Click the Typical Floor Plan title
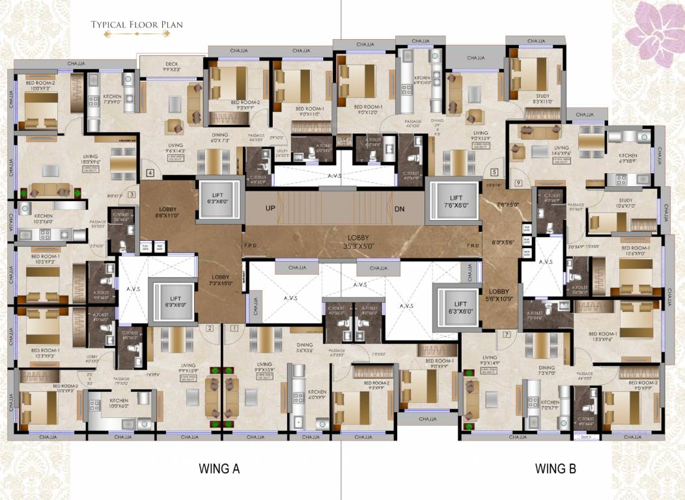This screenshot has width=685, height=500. point(137,25)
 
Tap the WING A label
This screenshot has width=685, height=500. point(219,468)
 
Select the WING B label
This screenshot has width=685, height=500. point(555,468)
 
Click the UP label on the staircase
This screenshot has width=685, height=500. point(270,208)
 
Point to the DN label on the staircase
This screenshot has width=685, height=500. point(399,208)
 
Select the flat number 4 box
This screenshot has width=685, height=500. point(150,173)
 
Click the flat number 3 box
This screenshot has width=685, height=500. point(132,194)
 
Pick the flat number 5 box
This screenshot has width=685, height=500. point(494,173)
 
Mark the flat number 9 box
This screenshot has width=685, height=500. point(518,183)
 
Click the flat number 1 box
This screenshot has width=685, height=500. point(232,328)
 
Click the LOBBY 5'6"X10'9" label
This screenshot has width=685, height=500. point(499,295)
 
